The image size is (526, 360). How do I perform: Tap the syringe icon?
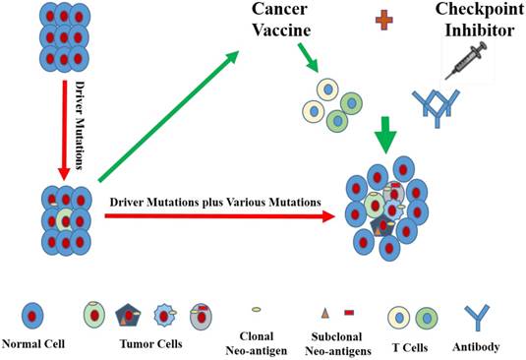click(463, 59)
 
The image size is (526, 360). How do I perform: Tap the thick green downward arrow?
click(387, 131)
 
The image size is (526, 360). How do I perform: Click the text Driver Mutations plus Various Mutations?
click(215, 201)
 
